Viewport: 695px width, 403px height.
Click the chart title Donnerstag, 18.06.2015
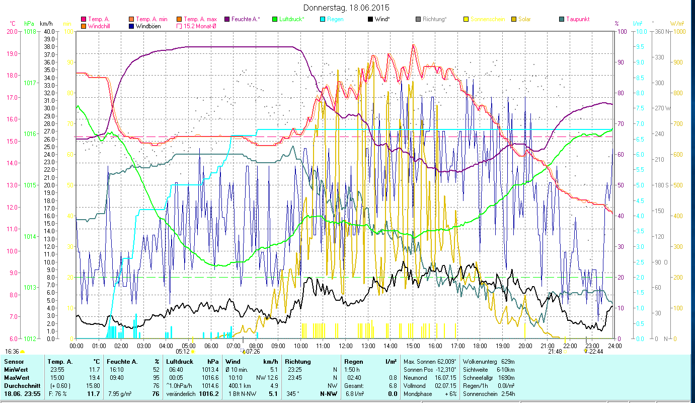point(347,8)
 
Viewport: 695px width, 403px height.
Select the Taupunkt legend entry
point(577,19)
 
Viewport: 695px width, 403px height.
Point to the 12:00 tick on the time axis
point(346,346)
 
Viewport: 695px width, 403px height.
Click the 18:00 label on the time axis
point(480,346)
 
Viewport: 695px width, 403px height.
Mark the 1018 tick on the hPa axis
point(30,31)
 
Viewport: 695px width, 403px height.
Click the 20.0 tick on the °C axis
point(13,31)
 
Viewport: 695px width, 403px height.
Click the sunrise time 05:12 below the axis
point(183,352)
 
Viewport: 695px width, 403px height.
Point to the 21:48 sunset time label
point(555,352)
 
